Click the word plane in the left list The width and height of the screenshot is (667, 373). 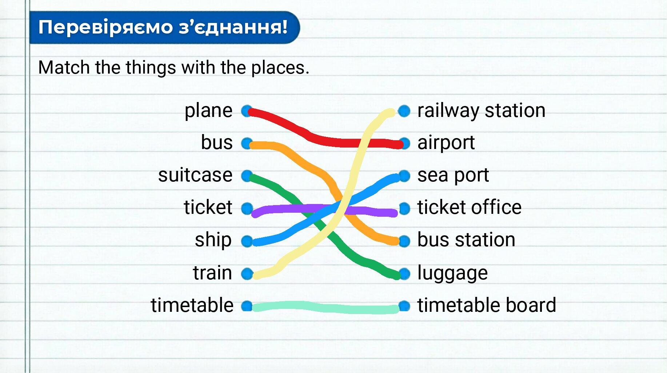tap(208, 111)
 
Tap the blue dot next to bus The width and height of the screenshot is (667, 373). tap(247, 143)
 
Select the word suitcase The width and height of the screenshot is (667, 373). tap(195, 175)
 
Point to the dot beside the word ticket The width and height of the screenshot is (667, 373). tap(247, 208)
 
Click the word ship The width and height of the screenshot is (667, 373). tap(213, 240)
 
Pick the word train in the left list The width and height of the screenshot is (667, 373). tap(212, 272)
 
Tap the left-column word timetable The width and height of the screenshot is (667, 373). tap(192, 305)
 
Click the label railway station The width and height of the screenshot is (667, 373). tap(481, 111)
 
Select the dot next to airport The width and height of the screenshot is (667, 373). tap(404, 143)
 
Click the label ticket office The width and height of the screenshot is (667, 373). tap(469, 207)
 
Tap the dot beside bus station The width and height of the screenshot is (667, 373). tap(404, 241)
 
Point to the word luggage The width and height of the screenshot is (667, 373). tap(452, 273)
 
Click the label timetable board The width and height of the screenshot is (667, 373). tap(487, 305)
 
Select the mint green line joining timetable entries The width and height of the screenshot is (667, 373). tap(325, 307)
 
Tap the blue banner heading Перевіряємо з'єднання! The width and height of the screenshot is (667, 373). tap(164, 27)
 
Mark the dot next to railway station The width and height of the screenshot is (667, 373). tap(404, 111)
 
